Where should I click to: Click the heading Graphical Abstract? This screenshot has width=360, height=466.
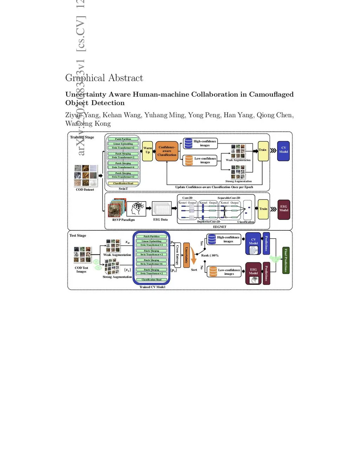point(104,78)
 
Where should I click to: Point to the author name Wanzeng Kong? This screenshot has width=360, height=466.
point(88,123)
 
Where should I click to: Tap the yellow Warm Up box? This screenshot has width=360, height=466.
point(148,150)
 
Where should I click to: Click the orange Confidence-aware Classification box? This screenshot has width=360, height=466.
point(167,151)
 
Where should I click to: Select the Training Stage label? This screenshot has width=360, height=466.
point(82,137)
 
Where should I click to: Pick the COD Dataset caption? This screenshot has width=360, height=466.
point(85,190)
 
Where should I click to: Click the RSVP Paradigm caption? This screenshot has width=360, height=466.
point(123,220)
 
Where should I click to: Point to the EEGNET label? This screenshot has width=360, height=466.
point(220,227)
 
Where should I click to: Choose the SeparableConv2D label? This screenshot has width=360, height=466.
point(229,198)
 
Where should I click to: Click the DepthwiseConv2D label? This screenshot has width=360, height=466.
point(208,222)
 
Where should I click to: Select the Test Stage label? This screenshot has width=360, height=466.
point(78,236)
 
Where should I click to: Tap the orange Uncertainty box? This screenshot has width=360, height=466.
point(187,255)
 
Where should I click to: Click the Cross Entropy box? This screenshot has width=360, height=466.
point(178,255)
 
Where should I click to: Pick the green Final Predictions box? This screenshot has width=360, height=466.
point(286,260)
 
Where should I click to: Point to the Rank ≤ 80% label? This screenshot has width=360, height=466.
point(210,255)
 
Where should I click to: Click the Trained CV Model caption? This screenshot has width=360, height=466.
point(152,287)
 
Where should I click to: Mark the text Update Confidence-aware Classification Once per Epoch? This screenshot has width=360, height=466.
point(214,187)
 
